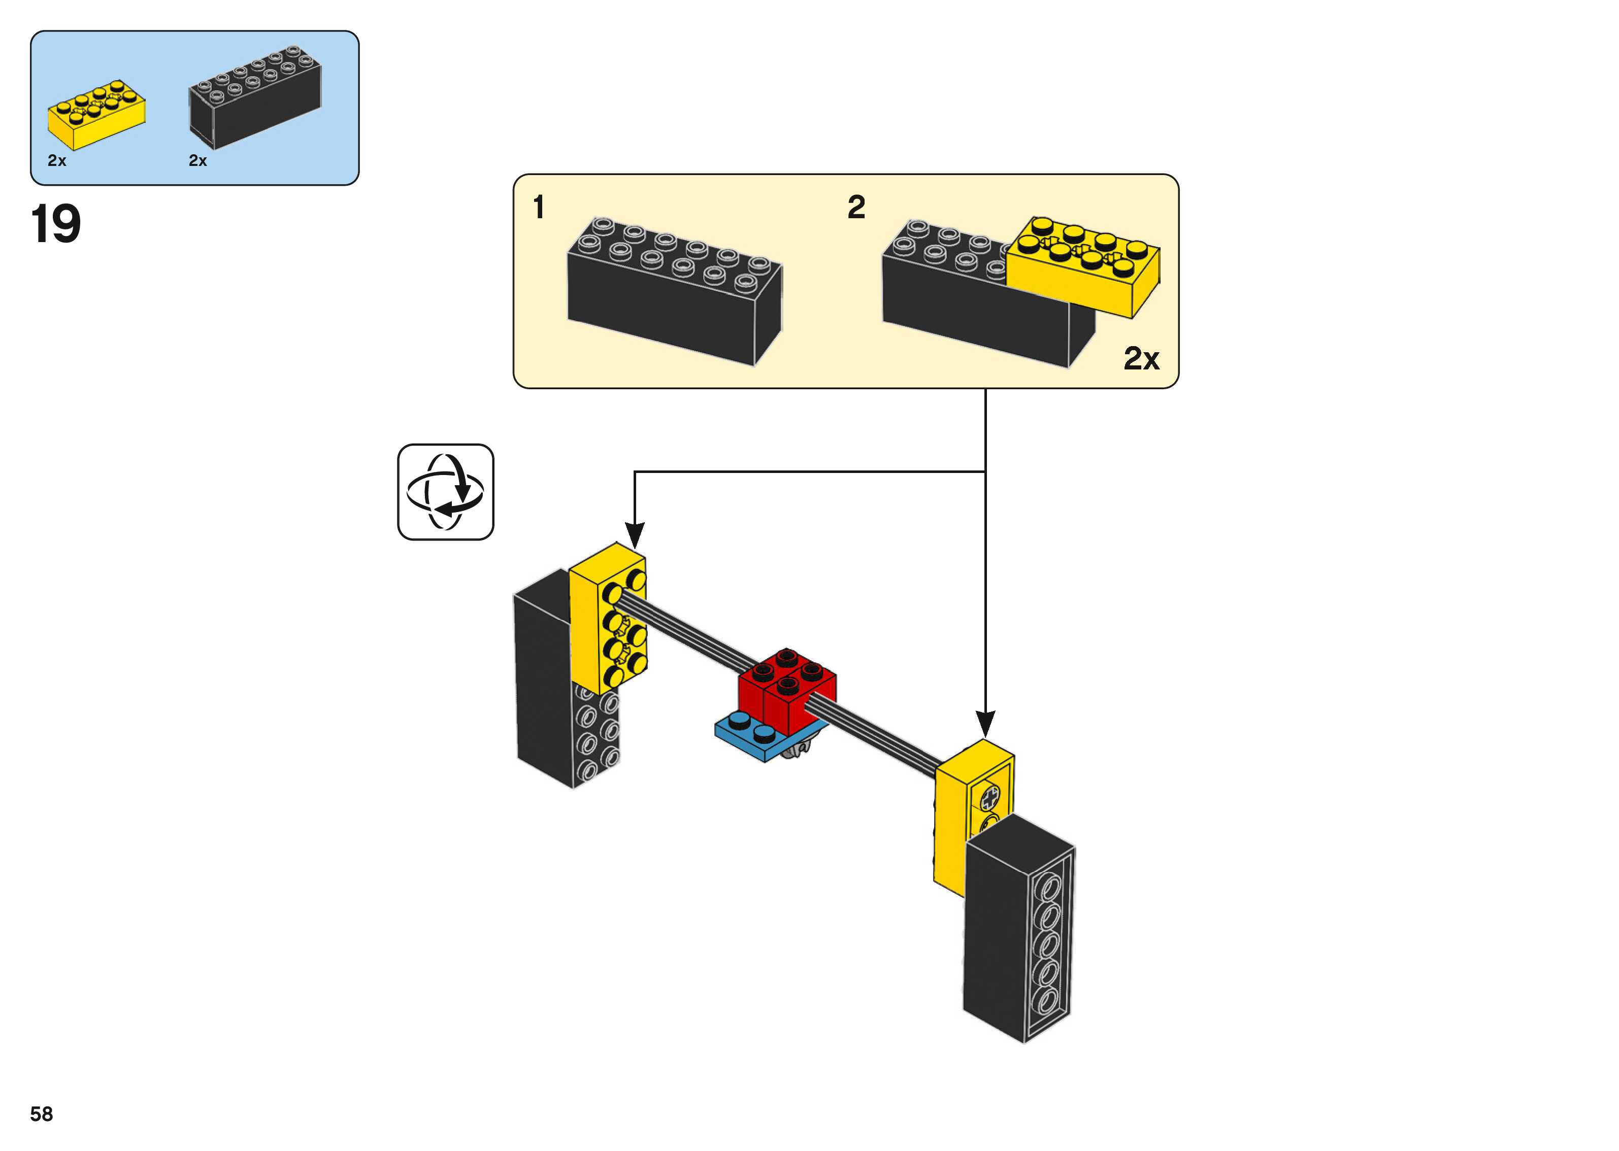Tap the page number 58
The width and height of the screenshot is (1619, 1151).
click(41, 1114)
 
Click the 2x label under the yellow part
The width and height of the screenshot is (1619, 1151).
click(57, 161)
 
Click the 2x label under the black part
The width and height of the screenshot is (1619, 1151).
click(198, 161)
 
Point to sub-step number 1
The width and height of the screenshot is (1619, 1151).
click(539, 208)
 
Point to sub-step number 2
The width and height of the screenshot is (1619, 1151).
click(856, 208)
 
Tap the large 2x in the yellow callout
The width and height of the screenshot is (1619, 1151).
click(1141, 359)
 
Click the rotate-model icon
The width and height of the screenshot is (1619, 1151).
click(445, 492)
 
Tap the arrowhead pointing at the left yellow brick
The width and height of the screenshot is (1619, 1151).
click(635, 534)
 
